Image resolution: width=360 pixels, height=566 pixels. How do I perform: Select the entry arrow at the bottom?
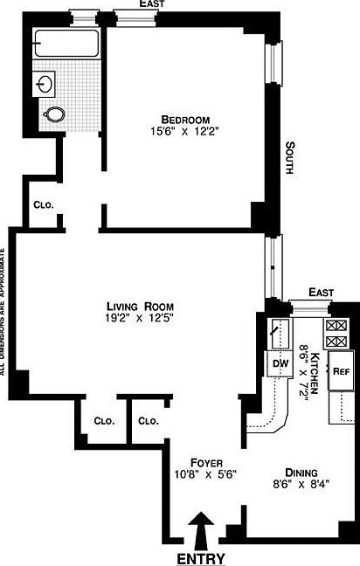(x=201, y=530)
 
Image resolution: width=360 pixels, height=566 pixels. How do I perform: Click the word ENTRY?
(x=201, y=558)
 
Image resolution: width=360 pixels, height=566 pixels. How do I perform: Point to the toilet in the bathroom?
(x=55, y=114)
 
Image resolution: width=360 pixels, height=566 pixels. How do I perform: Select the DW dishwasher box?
(x=280, y=363)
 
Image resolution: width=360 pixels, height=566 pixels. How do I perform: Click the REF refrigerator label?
(x=340, y=370)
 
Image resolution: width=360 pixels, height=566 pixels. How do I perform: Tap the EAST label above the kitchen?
(x=321, y=293)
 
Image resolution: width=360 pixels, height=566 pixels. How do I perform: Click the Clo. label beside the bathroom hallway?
(x=43, y=204)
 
